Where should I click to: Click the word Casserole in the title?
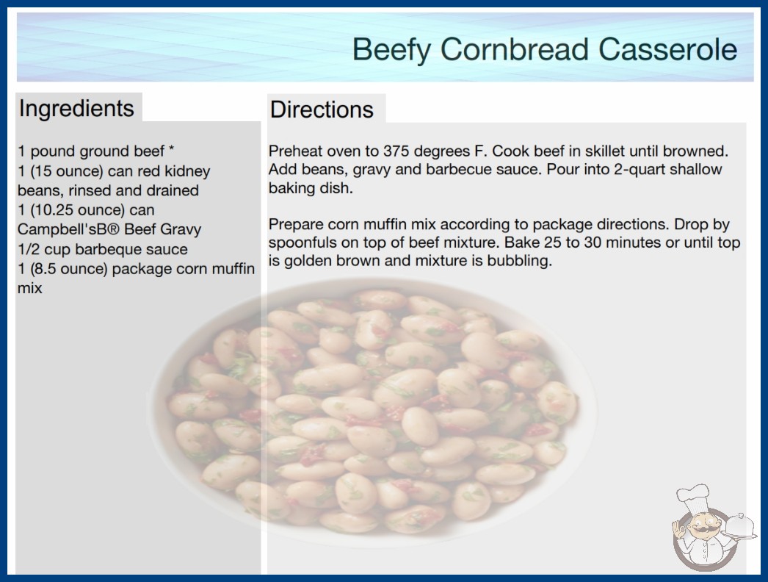pos(667,49)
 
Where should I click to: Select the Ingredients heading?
pos(76,109)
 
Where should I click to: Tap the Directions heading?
pos(322,109)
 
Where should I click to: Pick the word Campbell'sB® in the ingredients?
pos(66,229)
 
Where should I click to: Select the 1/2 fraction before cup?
pos(29,249)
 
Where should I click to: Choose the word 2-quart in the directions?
pos(640,170)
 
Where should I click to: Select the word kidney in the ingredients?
pos(187,172)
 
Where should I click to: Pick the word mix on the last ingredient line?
pos(30,288)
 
